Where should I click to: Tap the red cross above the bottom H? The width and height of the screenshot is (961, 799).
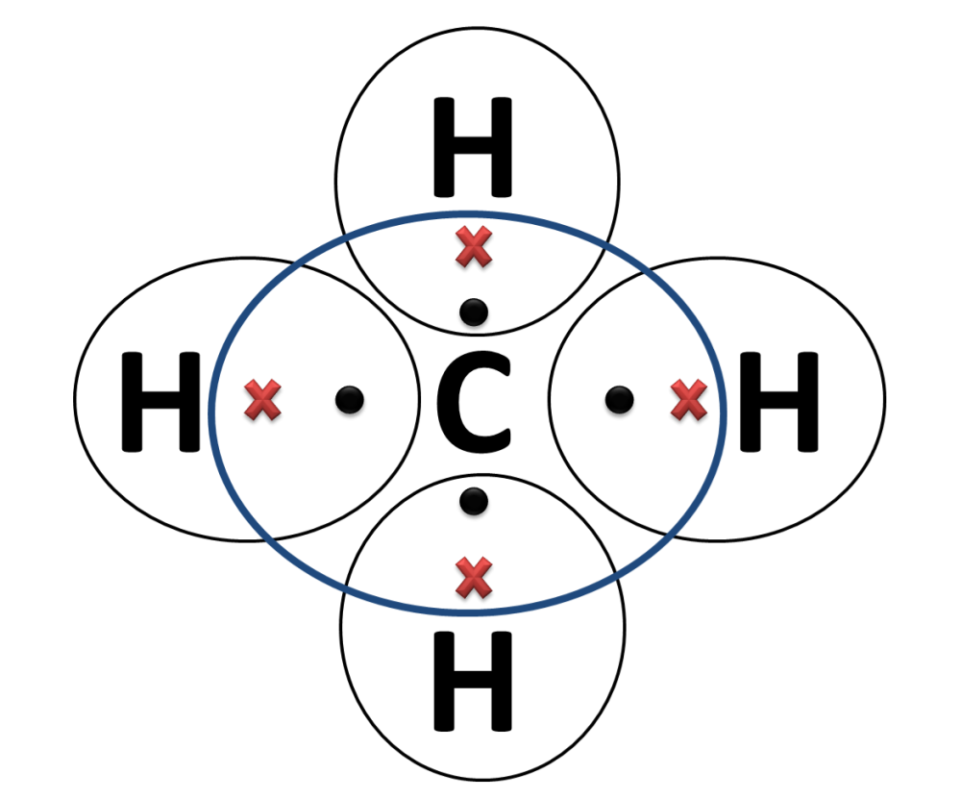pos(473,577)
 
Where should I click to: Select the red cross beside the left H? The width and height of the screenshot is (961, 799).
pos(262,400)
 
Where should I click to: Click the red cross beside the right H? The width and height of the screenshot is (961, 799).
pos(689,400)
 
